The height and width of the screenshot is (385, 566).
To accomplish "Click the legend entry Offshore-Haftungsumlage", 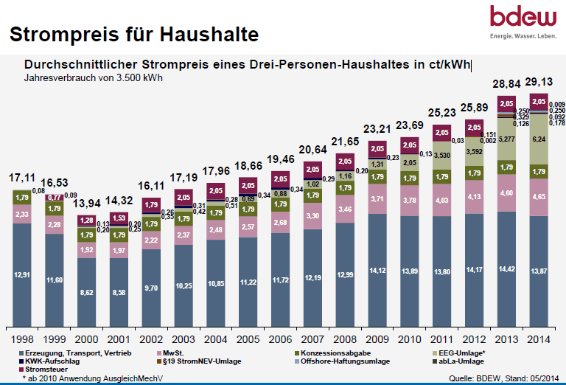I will [345, 361].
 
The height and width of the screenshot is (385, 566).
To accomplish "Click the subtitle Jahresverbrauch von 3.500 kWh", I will [94, 77].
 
